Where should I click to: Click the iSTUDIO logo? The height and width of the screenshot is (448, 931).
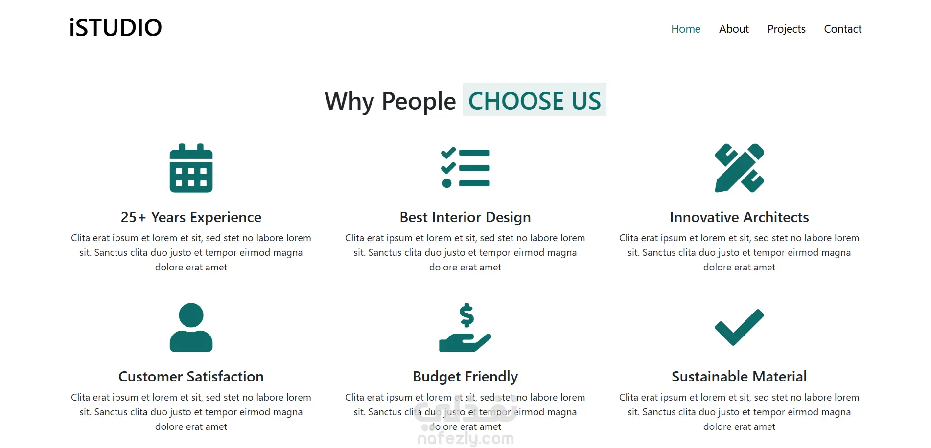[116, 28]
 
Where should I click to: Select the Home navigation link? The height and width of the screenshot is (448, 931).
[686, 29]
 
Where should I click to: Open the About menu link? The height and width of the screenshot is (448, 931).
[734, 29]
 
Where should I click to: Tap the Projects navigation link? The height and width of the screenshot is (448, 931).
[786, 29]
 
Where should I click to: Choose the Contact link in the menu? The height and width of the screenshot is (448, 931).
[842, 29]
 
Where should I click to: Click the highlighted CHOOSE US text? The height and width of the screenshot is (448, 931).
[535, 100]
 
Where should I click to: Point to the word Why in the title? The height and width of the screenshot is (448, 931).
[349, 102]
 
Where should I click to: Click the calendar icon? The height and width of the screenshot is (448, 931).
[191, 168]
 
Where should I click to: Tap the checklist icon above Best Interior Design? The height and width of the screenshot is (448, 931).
[465, 168]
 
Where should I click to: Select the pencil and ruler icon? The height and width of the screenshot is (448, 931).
[739, 168]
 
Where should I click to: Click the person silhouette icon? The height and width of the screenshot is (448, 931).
[191, 327]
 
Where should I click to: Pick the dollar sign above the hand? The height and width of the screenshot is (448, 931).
[466, 315]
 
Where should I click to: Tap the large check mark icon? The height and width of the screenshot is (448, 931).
[739, 327]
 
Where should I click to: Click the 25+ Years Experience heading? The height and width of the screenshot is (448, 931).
[191, 217]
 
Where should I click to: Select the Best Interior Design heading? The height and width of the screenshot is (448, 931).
[465, 217]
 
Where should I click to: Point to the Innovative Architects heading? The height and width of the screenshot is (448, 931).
[739, 217]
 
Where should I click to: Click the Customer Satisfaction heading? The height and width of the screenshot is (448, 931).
[191, 377]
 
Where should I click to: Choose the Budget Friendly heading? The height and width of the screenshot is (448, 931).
[465, 377]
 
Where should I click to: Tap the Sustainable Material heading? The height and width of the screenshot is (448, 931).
[739, 377]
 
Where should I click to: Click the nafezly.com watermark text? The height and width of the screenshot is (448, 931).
[465, 439]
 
